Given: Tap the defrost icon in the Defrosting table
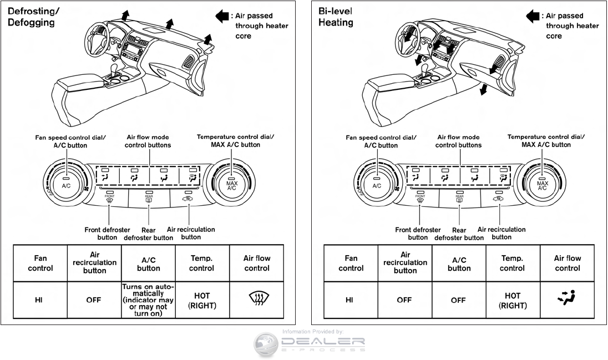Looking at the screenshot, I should [256, 300].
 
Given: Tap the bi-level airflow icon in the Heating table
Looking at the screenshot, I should [567, 300].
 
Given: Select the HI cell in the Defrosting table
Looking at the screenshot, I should [40, 300].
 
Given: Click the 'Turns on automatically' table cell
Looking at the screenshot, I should [148, 300].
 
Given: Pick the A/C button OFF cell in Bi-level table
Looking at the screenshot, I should [459, 300].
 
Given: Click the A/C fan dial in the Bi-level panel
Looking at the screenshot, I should [377, 185].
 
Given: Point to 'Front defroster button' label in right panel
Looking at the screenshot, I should [418, 234].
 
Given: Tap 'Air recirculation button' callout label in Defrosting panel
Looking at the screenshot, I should [191, 233].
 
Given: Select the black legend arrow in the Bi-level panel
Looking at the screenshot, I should [533, 16].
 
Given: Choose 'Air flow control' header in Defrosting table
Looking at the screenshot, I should [256, 263].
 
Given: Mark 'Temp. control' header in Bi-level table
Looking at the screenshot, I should [512, 263].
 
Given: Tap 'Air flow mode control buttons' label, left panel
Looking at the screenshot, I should [148, 141].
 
